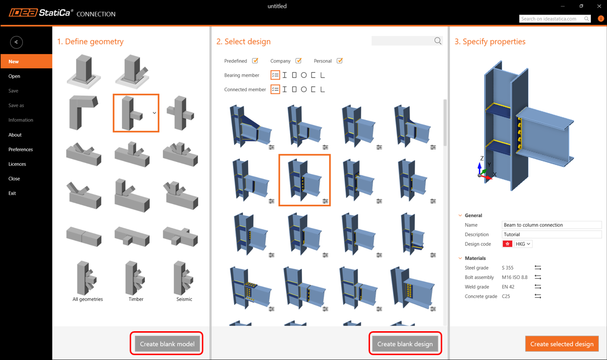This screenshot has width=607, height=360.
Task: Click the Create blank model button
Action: pos(167,344)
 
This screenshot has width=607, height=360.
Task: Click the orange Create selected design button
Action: pos(562,344)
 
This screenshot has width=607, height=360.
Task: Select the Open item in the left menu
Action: pos(14,76)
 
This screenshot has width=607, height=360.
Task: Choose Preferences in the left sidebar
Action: pos(20,149)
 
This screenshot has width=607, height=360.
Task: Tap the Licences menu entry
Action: pos(17,164)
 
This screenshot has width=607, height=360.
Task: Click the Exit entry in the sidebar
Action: pos(12,193)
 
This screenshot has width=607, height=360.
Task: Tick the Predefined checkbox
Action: pos(255,60)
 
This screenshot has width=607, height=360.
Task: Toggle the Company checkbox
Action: pos(298,60)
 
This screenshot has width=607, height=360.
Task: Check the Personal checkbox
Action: pos(339,60)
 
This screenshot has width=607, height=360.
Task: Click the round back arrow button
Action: pos(16,42)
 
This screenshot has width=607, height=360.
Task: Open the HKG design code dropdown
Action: pos(523,244)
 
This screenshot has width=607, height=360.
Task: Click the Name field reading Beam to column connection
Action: pos(552,225)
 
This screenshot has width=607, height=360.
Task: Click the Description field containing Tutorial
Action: pos(552,234)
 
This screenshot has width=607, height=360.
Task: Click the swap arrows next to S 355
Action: pos(538,267)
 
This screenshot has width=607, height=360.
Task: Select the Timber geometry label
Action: pos(136,299)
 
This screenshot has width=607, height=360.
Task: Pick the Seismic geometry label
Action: pos(184,299)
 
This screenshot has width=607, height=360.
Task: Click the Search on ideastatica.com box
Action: pos(555,19)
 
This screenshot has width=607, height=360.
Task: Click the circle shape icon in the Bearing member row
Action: pos(304,75)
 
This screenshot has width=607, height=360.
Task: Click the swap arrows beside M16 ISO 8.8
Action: pos(538,277)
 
